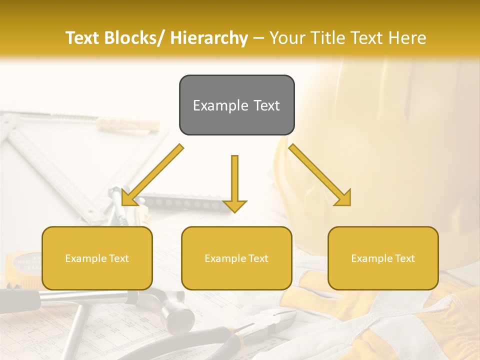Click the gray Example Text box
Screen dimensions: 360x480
pos(236,105)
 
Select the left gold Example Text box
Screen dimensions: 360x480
pos(97,258)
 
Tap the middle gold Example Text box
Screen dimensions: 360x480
pos(236,258)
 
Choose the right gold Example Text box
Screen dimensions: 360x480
pos(383,258)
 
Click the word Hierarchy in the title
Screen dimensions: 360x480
pos(208,38)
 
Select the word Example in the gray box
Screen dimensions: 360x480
pos(213,105)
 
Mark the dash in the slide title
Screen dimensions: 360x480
pos(259,38)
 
